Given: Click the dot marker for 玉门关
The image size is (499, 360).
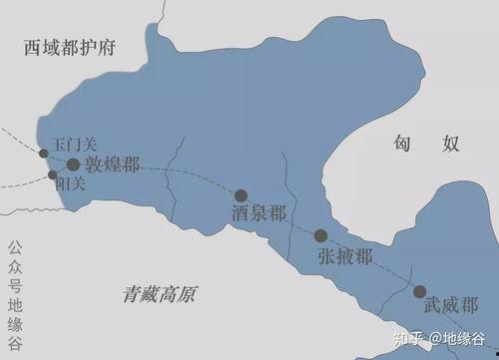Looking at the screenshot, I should click(x=43, y=154).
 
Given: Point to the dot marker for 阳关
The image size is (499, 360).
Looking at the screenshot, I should click(x=52, y=176).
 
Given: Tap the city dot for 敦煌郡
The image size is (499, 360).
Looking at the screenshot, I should click(x=73, y=165).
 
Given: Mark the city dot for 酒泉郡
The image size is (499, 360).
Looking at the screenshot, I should click(x=241, y=194).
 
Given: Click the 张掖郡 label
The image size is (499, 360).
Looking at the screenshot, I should click(x=345, y=256).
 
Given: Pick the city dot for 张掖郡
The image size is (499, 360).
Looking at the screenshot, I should click(x=320, y=236).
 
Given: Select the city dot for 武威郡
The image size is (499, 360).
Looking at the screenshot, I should click(x=420, y=291).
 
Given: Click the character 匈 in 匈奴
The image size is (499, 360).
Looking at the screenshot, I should click(x=401, y=144).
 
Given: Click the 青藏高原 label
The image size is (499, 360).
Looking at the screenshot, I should click(x=160, y=293).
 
